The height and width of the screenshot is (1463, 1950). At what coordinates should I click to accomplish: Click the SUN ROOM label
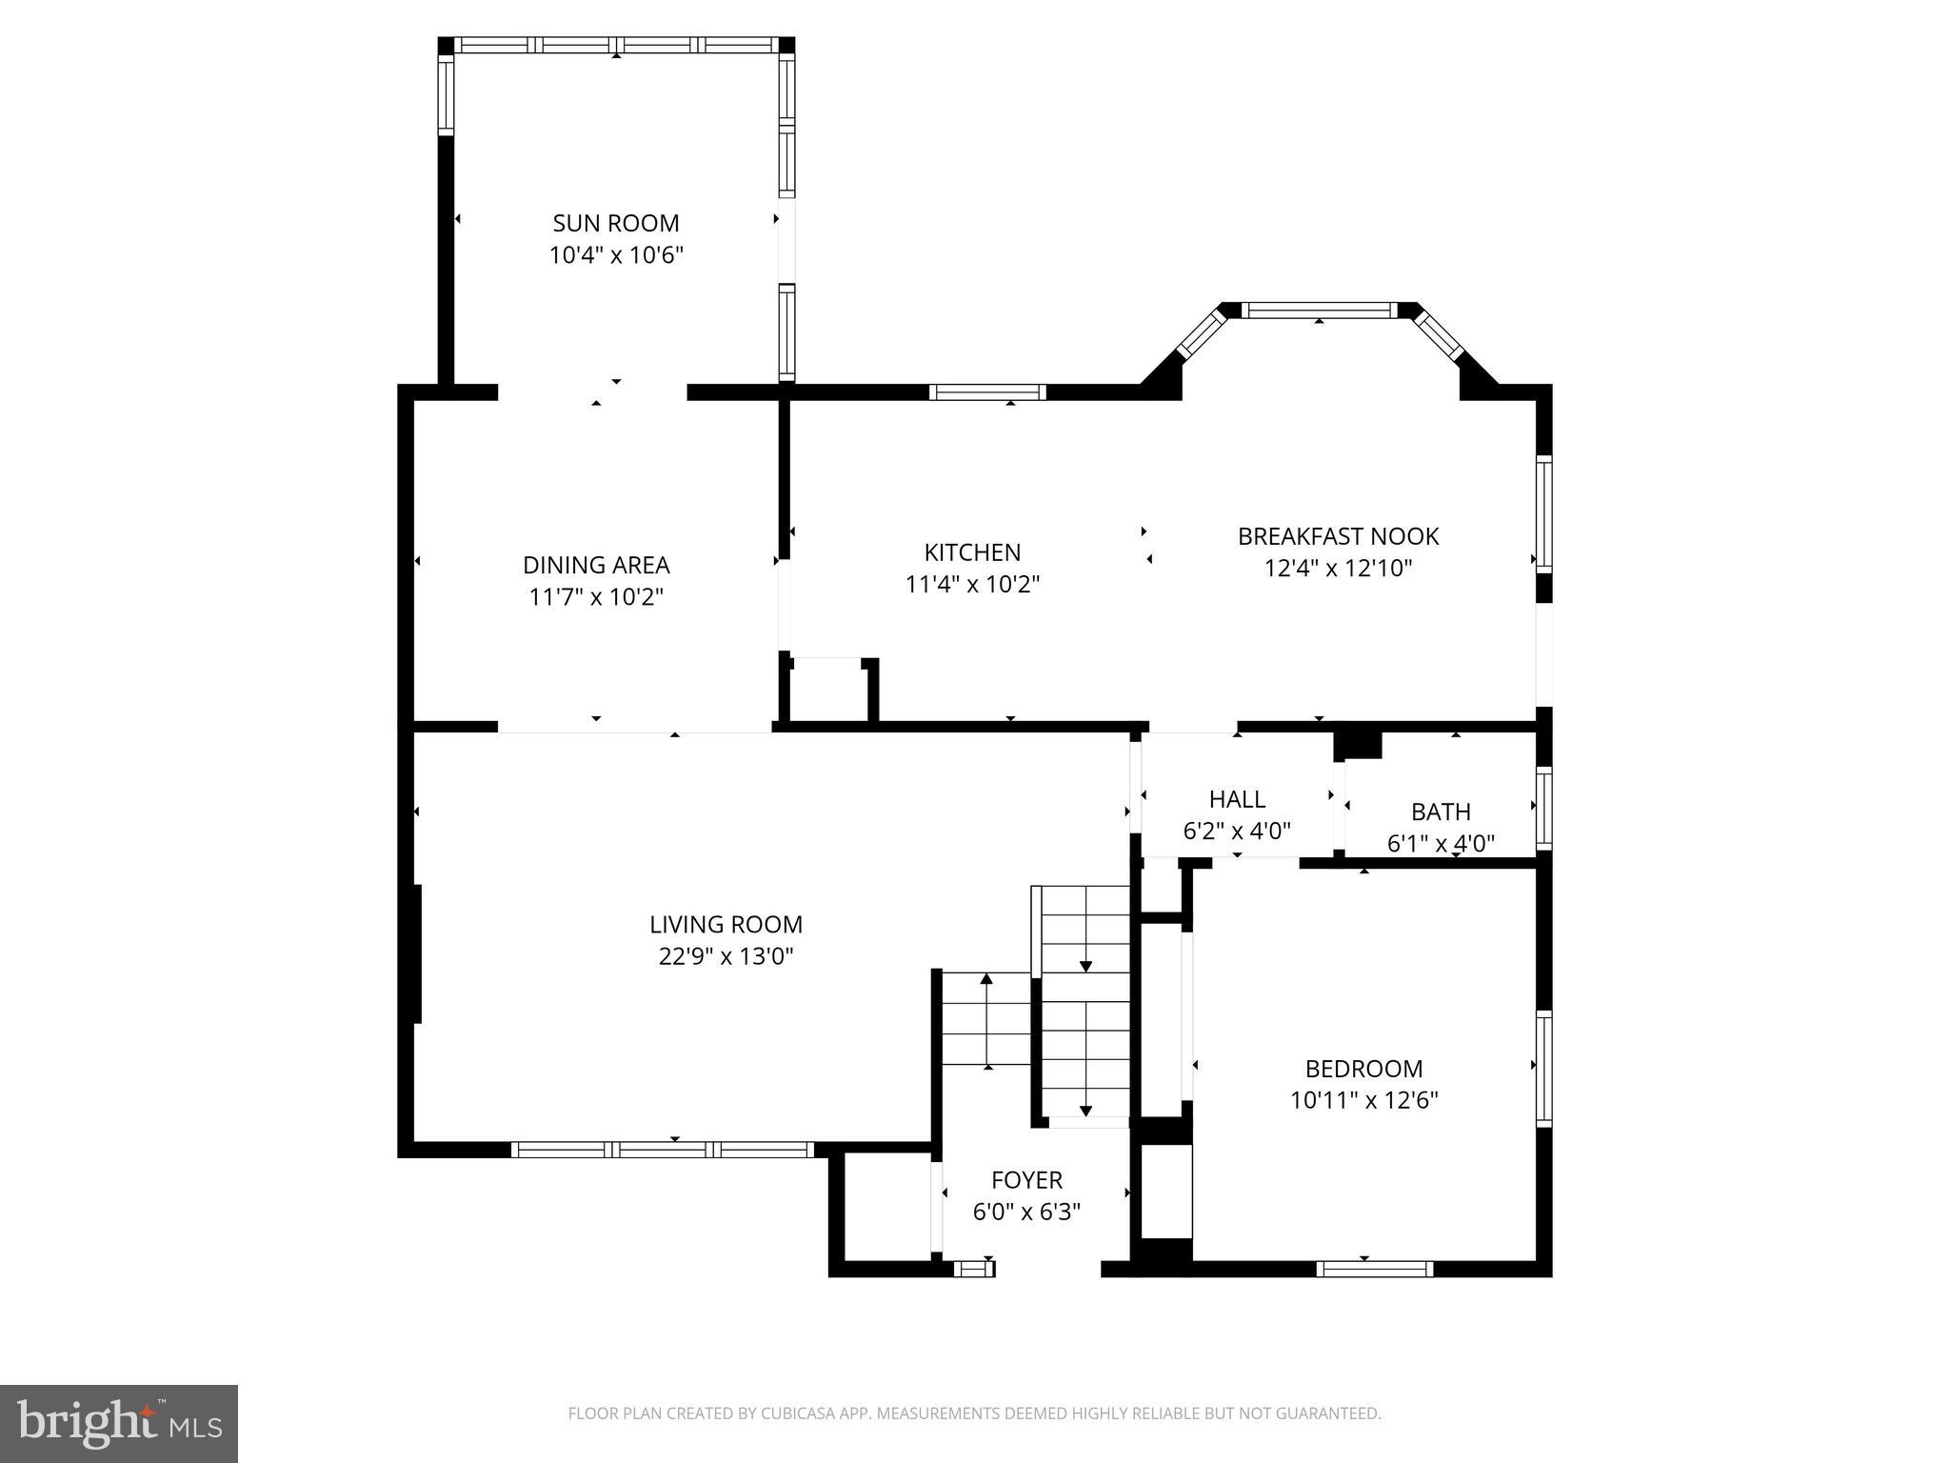[x=616, y=223]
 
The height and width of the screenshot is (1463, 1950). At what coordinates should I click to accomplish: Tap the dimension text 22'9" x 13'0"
[x=726, y=956]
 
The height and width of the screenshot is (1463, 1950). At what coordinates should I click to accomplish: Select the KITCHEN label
[x=972, y=552]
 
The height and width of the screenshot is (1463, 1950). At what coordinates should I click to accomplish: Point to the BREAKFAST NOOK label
[x=1338, y=536]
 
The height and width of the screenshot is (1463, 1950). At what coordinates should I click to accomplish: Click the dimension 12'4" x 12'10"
[x=1338, y=569]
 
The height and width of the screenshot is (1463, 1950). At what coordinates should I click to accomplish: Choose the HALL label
[x=1237, y=799]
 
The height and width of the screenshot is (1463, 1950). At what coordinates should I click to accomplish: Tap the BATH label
[x=1441, y=812]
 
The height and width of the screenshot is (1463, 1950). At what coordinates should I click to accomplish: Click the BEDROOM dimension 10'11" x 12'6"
[x=1363, y=1100]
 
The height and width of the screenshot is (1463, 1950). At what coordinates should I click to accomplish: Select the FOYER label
[x=1026, y=1180]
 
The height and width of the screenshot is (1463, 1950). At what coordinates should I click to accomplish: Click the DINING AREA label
[x=596, y=565]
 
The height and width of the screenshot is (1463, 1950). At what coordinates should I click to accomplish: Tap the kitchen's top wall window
[x=987, y=391]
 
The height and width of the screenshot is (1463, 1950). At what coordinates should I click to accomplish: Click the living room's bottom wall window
[x=662, y=1150]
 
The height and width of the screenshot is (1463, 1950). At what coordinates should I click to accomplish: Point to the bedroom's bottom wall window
[x=1374, y=1268]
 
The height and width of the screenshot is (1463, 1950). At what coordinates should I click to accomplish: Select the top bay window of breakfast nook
[x=1319, y=310]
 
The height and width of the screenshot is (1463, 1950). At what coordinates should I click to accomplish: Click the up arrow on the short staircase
[x=986, y=979]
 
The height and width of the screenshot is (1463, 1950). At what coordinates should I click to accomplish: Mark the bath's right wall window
[x=1543, y=808]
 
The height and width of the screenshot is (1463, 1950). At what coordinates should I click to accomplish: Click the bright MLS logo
[x=119, y=1424]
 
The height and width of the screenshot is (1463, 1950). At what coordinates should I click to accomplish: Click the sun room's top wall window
[x=616, y=45]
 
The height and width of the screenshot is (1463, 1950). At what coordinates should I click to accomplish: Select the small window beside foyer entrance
[x=973, y=1268]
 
